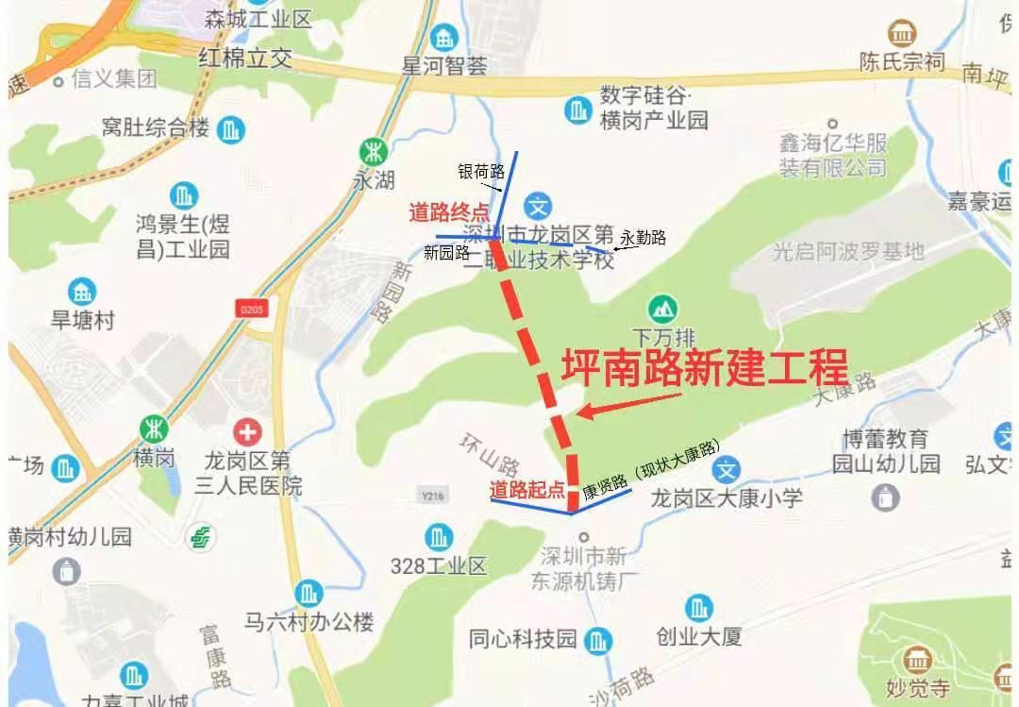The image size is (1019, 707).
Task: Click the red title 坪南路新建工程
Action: (705, 367)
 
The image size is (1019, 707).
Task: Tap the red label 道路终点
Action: (449, 212)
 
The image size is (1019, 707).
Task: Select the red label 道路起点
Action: (527, 490)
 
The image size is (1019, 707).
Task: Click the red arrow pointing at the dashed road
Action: (627, 404)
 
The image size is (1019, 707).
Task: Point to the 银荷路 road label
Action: (481, 171)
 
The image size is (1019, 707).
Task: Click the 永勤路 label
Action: (643, 238)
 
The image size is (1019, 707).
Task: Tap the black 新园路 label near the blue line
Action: (446, 252)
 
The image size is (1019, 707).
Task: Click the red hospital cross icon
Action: (248, 432)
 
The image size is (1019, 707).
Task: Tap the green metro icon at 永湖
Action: (375, 151)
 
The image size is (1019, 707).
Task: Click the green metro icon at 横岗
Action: (153, 429)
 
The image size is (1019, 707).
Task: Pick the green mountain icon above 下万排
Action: (661, 308)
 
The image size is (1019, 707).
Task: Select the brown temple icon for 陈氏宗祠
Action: (902, 34)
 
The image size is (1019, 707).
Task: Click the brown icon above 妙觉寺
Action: (916, 658)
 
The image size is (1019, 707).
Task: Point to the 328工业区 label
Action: (438, 566)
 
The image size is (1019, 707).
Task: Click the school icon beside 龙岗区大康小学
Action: (726, 469)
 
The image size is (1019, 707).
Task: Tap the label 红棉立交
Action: (245, 59)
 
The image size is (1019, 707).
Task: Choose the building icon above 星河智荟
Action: (443, 39)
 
